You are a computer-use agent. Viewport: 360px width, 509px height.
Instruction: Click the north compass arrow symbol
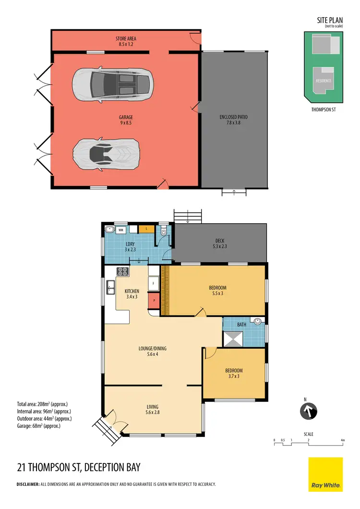coord(309,411)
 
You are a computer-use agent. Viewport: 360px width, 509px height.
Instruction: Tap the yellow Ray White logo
coord(325,474)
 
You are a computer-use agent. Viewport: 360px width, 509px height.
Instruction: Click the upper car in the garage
coord(113,84)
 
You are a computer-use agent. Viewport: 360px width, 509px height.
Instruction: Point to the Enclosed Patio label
coord(234,120)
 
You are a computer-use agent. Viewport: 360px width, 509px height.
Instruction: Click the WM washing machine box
coord(120,230)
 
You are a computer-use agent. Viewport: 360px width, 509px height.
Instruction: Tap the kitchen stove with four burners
coord(123,272)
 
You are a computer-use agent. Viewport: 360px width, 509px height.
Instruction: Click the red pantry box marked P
coord(154,301)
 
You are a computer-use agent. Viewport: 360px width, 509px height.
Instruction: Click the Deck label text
coord(219,244)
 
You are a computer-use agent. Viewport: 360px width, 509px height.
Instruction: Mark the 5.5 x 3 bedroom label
coord(217,290)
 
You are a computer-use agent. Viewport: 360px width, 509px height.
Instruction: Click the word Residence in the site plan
coord(323,81)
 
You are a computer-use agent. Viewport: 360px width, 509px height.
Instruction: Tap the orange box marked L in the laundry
coord(146,230)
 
